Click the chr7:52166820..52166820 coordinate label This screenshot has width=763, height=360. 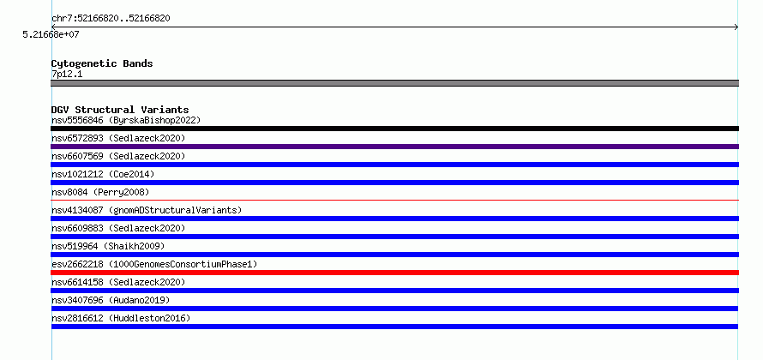coord(111,19)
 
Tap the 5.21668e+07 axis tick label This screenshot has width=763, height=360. coord(51,34)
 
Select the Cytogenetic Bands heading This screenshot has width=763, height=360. coord(102,63)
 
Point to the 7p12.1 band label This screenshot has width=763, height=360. coord(67,74)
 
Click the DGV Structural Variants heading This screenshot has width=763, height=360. coord(120,110)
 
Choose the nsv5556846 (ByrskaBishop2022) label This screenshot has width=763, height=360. coord(126,120)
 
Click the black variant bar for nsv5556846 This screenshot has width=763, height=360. coord(394,129)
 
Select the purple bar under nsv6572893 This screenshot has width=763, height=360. coord(394,147)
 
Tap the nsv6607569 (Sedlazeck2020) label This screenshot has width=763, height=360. coord(118,156)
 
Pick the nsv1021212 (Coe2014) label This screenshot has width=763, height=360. coord(103,174)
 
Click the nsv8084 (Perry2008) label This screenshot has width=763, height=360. coord(100,192)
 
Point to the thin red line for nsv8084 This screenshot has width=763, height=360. coord(394,200)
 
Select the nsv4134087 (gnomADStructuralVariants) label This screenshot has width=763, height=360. coord(147,210)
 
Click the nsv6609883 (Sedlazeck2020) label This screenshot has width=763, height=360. coord(118,228)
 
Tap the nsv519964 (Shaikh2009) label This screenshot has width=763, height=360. coord(108,246)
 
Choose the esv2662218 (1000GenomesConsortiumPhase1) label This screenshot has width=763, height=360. coord(154,264)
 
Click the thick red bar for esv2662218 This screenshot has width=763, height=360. coord(394,273)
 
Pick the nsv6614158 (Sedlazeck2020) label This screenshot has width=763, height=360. coord(118,282)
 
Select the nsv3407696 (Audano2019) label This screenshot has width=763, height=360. coord(111,300)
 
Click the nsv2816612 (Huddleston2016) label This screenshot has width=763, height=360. coord(121,318)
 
